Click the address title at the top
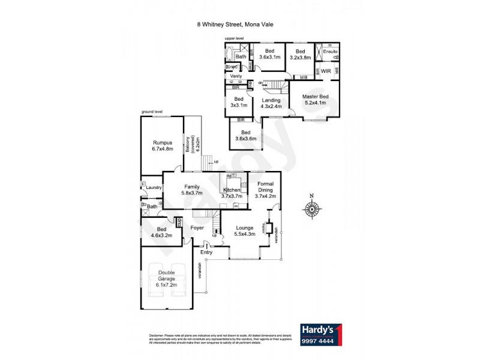(x=239, y=25)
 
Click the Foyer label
(x=197, y=228)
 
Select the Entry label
(x=206, y=252)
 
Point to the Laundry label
(x=154, y=188)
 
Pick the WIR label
(x=326, y=71)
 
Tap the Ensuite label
(x=330, y=52)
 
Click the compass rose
(x=311, y=209)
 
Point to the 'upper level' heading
(x=234, y=38)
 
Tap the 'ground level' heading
(x=152, y=112)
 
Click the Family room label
(x=192, y=190)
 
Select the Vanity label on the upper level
(x=235, y=76)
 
